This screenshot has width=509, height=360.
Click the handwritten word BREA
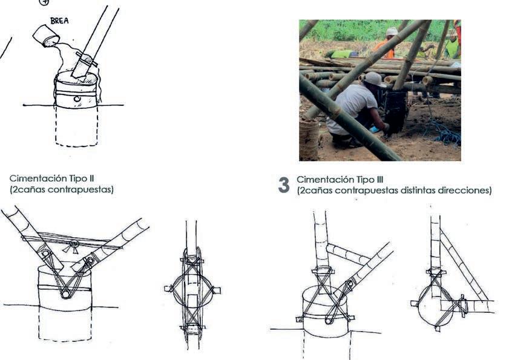pos(59,21)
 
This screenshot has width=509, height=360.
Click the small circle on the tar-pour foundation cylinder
pos(77,99)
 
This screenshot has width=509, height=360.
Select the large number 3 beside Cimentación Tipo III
pos(284,185)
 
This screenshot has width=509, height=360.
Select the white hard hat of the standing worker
pos(392,31)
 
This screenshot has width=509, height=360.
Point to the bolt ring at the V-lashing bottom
pos(66,295)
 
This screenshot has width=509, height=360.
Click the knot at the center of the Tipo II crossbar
pos(74,244)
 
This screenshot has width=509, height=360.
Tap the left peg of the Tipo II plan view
pos(168,288)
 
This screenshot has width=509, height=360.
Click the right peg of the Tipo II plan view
pos(217,290)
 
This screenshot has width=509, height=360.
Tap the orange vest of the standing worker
pos(385,48)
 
